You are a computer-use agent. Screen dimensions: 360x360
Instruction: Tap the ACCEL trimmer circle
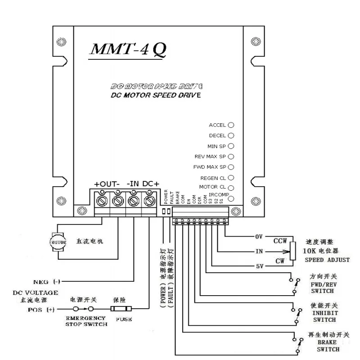point(231,125)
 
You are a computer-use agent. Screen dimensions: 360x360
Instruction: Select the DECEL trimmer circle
point(231,135)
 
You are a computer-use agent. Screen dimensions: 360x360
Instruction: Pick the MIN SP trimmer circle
point(231,146)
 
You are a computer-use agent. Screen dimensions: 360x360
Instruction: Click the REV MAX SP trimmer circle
point(231,157)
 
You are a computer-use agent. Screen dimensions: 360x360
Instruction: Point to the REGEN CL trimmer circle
point(231,178)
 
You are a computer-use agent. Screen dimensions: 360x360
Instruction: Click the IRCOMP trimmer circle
point(231,198)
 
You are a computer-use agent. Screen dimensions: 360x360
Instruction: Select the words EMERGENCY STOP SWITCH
point(86,321)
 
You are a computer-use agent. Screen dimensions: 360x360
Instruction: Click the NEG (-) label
point(50,282)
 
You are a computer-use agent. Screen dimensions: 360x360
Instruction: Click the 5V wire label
point(259,266)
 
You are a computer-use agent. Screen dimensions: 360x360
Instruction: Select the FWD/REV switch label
point(324,288)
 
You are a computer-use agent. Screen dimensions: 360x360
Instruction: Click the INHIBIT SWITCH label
point(324,316)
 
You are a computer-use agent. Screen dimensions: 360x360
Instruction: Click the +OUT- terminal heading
point(107,184)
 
